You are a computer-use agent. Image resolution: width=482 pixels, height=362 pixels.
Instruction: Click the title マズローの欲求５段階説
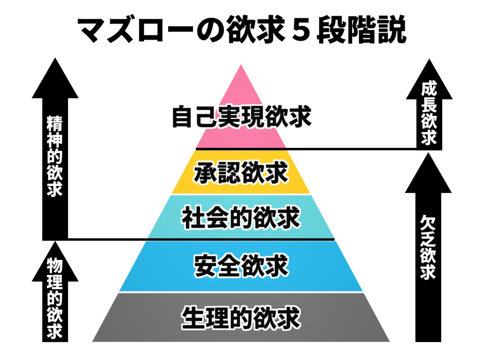(x=241, y=30)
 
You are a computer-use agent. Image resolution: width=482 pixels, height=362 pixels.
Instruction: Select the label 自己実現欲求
(x=241, y=116)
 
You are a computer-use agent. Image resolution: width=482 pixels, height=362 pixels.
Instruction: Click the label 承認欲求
(x=241, y=173)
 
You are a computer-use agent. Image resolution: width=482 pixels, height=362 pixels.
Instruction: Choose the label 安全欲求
(x=241, y=265)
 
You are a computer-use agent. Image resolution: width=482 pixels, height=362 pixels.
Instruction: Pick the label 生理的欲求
(x=241, y=317)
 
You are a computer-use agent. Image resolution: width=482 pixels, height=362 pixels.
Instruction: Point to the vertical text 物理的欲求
(x=55, y=299)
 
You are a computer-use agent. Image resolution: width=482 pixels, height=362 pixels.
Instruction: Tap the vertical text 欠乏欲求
(x=428, y=247)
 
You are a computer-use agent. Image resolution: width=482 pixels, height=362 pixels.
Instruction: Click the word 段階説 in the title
(x=361, y=30)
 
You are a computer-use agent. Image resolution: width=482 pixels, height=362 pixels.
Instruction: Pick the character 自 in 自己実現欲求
(x=183, y=116)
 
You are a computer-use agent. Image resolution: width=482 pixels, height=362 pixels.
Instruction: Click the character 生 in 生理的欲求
(x=193, y=317)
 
